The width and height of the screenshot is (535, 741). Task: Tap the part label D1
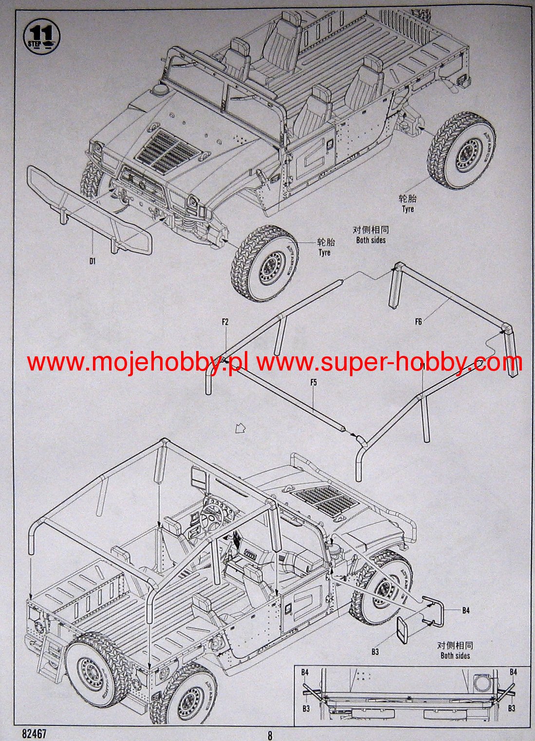[x=92, y=260]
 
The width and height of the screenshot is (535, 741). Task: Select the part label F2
[x=225, y=322]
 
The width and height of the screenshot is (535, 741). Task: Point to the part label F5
[x=314, y=382]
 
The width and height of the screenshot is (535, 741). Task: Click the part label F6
[x=418, y=321]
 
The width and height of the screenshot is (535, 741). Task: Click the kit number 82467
[x=34, y=732]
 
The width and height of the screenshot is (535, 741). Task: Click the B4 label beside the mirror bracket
[x=466, y=610]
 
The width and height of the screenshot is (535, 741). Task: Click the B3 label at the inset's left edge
[x=306, y=708]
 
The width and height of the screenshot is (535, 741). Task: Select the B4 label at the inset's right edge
[x=513, y=672]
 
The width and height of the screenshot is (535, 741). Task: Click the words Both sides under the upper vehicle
[x=370, y=240]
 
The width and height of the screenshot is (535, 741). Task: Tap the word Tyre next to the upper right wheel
[x=407, y=209]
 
